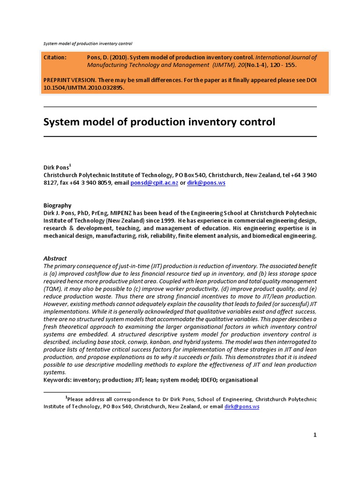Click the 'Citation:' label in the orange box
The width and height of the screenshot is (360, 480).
(55, 57)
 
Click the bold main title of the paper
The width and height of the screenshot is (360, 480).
(159, 122)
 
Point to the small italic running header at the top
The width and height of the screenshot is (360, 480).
(88, 44)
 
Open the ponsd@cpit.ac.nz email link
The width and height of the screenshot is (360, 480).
(154, 183)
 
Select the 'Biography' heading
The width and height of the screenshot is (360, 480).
(57, 205)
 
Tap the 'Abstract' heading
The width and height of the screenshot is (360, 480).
(55, 258)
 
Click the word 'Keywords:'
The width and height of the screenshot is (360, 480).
(59, 380)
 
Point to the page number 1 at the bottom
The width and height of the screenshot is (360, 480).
(315, 435)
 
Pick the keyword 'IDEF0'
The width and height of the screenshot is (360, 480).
(211, 380)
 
